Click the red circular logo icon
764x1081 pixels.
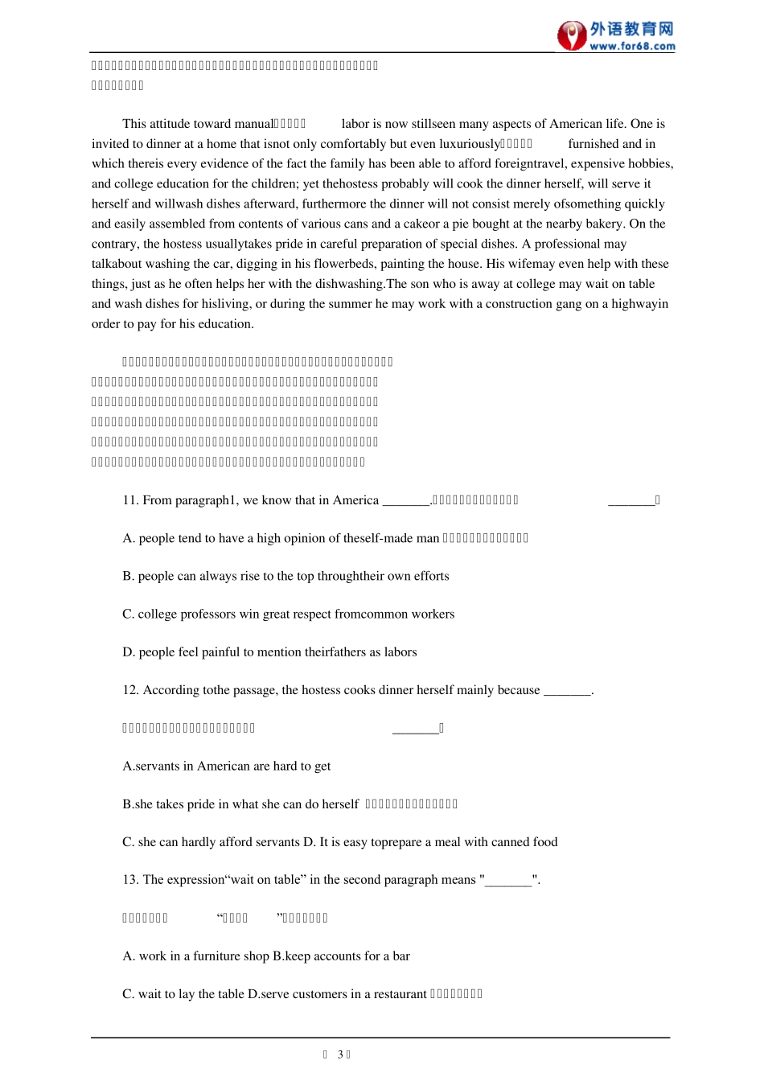(572, 35)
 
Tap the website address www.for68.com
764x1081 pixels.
(632, 47)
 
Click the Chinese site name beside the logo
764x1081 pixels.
(631, 29)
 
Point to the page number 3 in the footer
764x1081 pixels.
(340, 1054)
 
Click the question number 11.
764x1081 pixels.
(130, 500)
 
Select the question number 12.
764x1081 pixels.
(130, 690)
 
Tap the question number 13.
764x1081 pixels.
(130, 880)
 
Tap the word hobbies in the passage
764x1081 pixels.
(650, 164)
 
